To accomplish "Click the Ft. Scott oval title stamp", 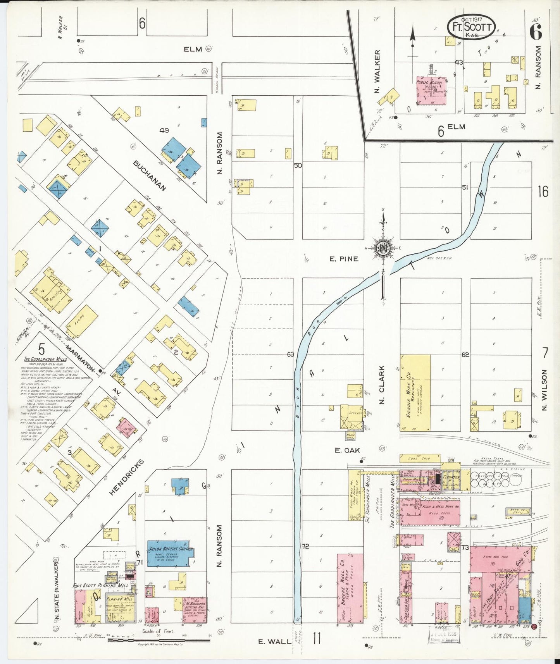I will point(471,27).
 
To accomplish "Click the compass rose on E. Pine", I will point(383,248).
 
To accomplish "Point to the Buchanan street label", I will point(150,175).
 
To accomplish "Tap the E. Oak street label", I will point(347,450).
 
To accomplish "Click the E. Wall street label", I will point(275,642).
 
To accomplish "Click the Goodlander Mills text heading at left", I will point(45,359).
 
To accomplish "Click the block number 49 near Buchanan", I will point(164,130).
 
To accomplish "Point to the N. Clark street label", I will point(382,384).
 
